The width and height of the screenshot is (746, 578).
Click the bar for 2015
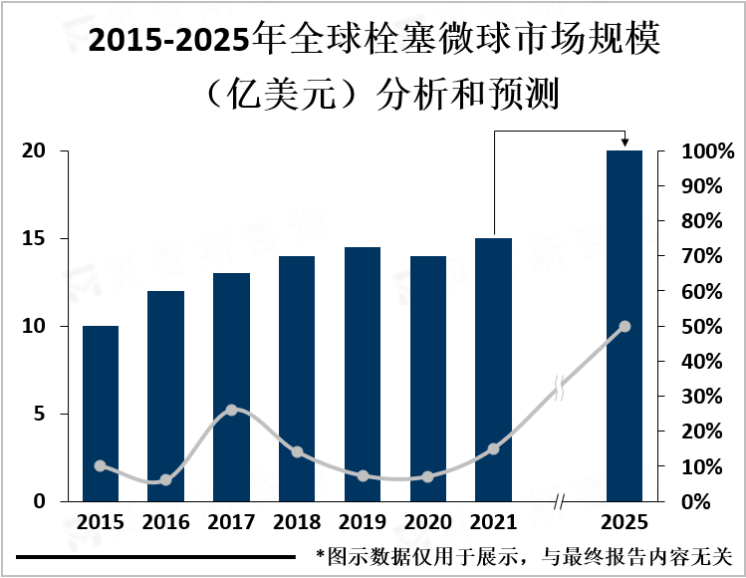[x=100, y=413]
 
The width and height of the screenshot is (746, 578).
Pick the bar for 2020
[x=428, y=378]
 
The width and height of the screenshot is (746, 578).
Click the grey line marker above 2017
[x=231, y=410]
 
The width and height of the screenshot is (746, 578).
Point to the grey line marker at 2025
[x=624, y=326]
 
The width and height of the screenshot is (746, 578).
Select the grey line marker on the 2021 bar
[x=493, y=448]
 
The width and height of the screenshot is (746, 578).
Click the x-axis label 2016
[x=165, y=522]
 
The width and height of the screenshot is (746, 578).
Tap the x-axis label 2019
[x=362, y=522]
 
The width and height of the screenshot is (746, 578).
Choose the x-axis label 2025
[x=624, y=522]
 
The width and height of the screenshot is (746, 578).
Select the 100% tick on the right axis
[x=708, y=151]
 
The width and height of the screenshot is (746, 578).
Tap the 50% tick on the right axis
[x=708, y=327]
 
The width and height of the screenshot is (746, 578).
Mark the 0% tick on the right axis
[x=708, y=501]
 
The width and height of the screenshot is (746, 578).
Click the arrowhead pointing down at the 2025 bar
[x=624, y=144]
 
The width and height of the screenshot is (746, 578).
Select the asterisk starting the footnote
[x=321, y=555]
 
